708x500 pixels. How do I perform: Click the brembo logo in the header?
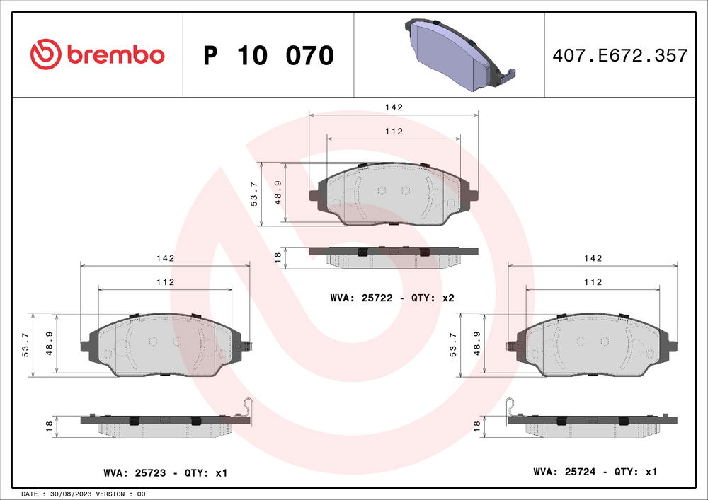tap(98, 54)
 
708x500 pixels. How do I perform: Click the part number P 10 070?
tap(268, 55)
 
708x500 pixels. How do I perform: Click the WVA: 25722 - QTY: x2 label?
tap(392, 298)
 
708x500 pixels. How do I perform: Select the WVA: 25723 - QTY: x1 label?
tap(164, 472)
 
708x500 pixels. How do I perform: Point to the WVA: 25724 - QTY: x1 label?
tap(595, 472)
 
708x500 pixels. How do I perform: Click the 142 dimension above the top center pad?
tap(394, 107)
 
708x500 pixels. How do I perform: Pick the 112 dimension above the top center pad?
tap(394, 132)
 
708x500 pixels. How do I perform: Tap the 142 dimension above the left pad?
tap(165, 259)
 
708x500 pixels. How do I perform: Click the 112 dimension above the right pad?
tap(593, 282)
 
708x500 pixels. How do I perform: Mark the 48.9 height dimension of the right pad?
tap(478, 345)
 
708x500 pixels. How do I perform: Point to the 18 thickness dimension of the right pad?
tap(477, 425)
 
